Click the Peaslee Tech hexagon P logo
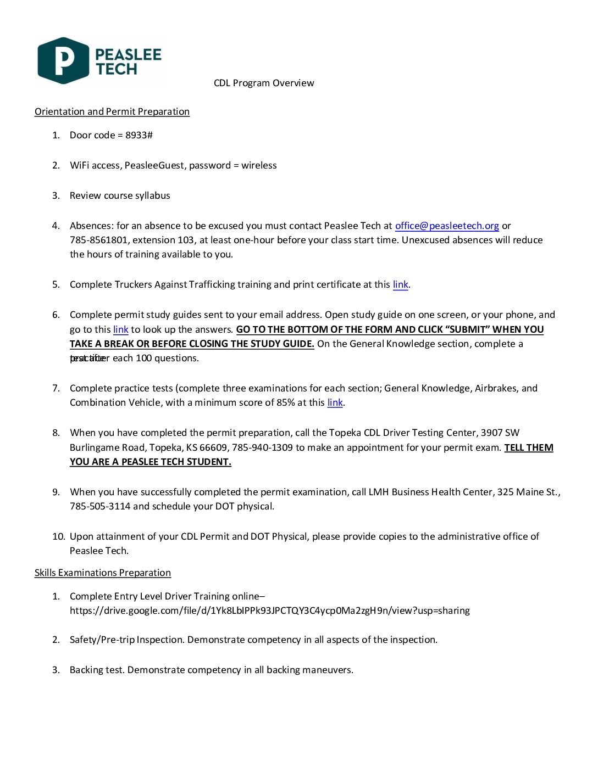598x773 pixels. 63,60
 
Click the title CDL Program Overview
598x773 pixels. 264,83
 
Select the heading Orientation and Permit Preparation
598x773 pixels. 112,111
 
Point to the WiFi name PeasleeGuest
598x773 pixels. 154,165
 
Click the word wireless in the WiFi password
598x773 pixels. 259,165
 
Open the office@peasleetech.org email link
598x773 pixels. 447,226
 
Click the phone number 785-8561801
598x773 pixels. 99,240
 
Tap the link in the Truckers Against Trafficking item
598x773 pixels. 400,284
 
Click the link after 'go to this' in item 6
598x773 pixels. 120,329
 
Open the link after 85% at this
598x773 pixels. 335,402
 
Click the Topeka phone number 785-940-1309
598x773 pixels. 262,447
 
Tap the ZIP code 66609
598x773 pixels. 214,447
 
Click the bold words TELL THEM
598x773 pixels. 529,447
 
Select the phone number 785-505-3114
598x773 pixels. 100,506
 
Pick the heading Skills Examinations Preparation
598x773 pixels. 103,573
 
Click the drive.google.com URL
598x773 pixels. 269,610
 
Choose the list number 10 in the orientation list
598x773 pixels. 58,536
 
